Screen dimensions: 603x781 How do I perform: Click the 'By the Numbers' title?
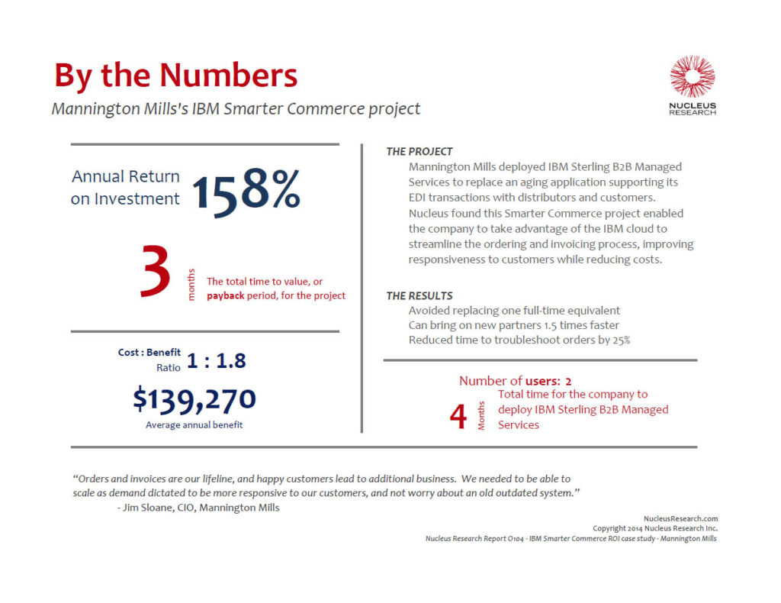175,76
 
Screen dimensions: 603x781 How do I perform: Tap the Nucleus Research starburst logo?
692,76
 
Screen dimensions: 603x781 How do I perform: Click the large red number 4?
458,417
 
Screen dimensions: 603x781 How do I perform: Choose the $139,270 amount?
194,398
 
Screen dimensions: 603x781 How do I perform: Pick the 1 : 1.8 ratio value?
217,361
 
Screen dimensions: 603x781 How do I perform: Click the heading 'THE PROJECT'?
419,152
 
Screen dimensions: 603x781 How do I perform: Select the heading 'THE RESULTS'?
419,295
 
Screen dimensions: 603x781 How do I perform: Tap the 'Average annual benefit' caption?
194,424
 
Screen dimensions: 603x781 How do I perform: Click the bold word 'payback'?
225,295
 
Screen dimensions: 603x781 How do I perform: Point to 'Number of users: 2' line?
515,380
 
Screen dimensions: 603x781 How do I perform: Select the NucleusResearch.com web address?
680,518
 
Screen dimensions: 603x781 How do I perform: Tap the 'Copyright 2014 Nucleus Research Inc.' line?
654,528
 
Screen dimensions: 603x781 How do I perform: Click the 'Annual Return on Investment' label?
126,187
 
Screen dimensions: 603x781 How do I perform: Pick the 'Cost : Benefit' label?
149,353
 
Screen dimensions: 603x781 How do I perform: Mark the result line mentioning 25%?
519,340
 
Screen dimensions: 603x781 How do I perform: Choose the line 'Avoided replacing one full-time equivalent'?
514,311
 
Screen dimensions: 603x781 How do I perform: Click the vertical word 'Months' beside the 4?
481,417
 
